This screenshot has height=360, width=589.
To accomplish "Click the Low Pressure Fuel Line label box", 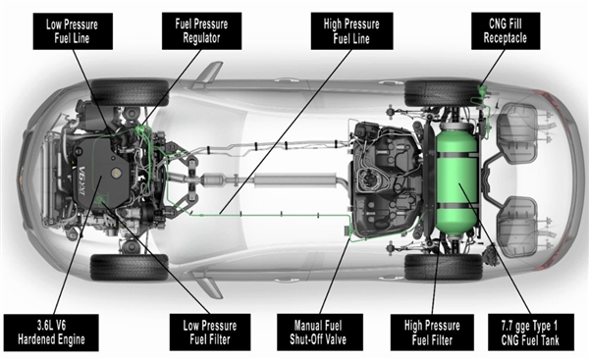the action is [73, 31].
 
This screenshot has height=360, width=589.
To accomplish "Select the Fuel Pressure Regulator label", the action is [201, 30].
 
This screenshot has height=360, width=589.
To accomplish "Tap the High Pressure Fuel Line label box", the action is [352, 30].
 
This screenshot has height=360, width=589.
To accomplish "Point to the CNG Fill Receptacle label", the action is [506, 30].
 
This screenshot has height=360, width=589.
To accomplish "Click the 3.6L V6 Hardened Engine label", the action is [51, 333].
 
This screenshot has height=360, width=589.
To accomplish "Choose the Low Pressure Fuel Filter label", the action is [210, 333].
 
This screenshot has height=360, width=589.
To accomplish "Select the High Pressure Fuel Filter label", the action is [432, 333].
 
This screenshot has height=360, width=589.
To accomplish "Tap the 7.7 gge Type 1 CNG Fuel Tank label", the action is [530, 333].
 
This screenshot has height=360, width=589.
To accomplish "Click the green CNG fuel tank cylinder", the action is [456, 180].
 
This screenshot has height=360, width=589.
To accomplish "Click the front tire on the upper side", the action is [130, 92].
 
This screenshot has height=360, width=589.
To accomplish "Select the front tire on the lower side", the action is [130, 267].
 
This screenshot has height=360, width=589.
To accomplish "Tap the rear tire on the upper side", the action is [444, 93].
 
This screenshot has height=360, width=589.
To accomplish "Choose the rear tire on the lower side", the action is [444, 267].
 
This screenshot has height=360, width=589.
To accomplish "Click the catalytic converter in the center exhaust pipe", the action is [215, 180].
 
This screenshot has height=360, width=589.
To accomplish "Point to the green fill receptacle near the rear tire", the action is [481, 91].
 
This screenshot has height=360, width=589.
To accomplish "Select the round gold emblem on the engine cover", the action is [117, 173].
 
